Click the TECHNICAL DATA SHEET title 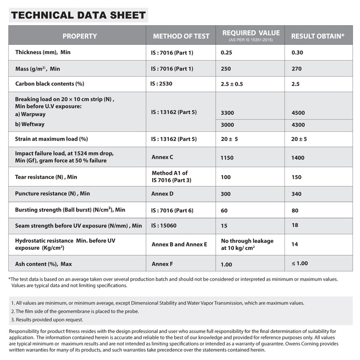(78, 15)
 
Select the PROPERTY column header (79, 36)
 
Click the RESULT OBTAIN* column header (318, 36)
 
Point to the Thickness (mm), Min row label (43, 52)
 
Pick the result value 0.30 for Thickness (297, 52)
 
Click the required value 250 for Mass (226, 69)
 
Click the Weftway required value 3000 (227, 125)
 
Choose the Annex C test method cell (163, 157)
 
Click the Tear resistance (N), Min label (46, 177)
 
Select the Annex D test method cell (163, 193)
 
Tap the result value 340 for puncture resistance (296, 194)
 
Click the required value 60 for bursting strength (224, 211)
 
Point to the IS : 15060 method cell (166, 226)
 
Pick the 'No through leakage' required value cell (247, 244)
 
